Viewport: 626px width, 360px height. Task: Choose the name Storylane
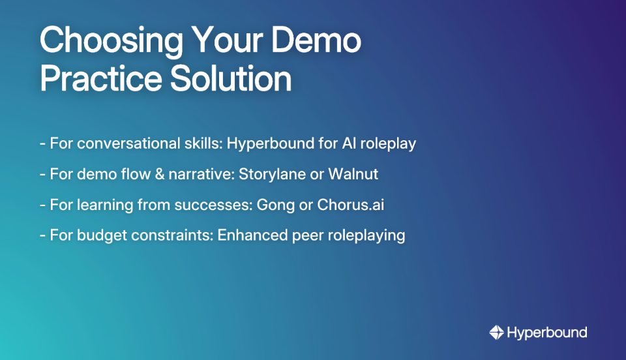[274, 174]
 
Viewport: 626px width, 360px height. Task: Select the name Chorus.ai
[350, 204]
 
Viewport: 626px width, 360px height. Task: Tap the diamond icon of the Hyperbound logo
[496, 333]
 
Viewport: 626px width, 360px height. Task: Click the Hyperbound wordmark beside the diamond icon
[547, 333]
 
